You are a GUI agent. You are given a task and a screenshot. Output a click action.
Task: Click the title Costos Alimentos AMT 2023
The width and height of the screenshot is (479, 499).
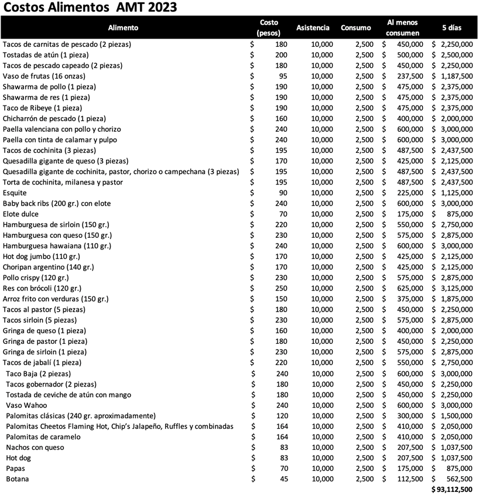90,8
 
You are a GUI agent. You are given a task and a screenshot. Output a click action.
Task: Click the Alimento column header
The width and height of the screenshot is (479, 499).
123,28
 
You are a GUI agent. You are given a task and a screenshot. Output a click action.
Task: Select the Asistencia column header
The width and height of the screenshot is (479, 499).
313,28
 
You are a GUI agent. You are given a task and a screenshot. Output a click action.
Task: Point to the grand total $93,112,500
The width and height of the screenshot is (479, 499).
451,489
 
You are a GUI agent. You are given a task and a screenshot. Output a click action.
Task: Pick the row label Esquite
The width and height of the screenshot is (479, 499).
15,193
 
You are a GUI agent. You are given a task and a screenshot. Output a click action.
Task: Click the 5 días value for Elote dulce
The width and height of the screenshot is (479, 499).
460,214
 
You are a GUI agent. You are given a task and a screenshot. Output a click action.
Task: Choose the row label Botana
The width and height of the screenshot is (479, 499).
17,479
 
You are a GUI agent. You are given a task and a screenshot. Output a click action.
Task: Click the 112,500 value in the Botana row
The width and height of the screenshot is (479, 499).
410,479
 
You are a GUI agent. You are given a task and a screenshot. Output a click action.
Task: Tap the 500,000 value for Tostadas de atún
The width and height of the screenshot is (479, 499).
410,55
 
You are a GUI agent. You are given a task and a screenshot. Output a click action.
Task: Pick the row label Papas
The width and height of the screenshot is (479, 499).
16,469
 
